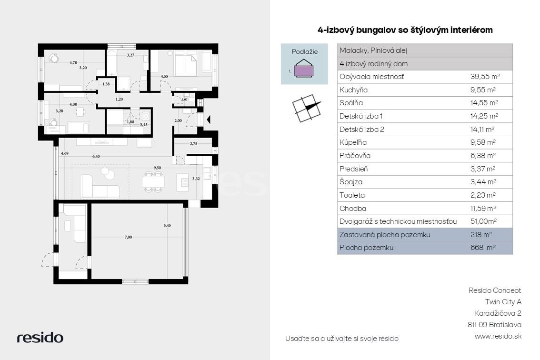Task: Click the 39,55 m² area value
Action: click(x=485, y=77)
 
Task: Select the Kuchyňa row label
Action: click(x=353, y=90)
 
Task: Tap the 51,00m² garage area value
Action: click(x=483, y=221)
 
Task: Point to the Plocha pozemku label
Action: click(x=366, y=247)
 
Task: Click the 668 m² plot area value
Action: click(x=483, y=247)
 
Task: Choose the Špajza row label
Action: click(x=350, y=182)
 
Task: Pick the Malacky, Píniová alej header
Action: click(x=373, y=50)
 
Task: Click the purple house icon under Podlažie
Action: click(x=304, y=68)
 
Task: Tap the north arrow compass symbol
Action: click(x=307, y=108)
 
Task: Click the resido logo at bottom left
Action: click(x=40, y=337)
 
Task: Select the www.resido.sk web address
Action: click(x=498, y=336)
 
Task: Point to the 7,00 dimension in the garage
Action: click(x=128, y=237)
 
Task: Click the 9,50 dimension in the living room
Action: click(x=157, y=168)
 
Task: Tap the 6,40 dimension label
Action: click(x=96, y=156)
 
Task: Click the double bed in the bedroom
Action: click(x=186, y=65)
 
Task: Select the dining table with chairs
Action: click(x=153, y=181)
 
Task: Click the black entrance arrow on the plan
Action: click(x=208, y=120)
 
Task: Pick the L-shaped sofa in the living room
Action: click(x=100, y=187)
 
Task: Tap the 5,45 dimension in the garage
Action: click(x=167, y=226)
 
